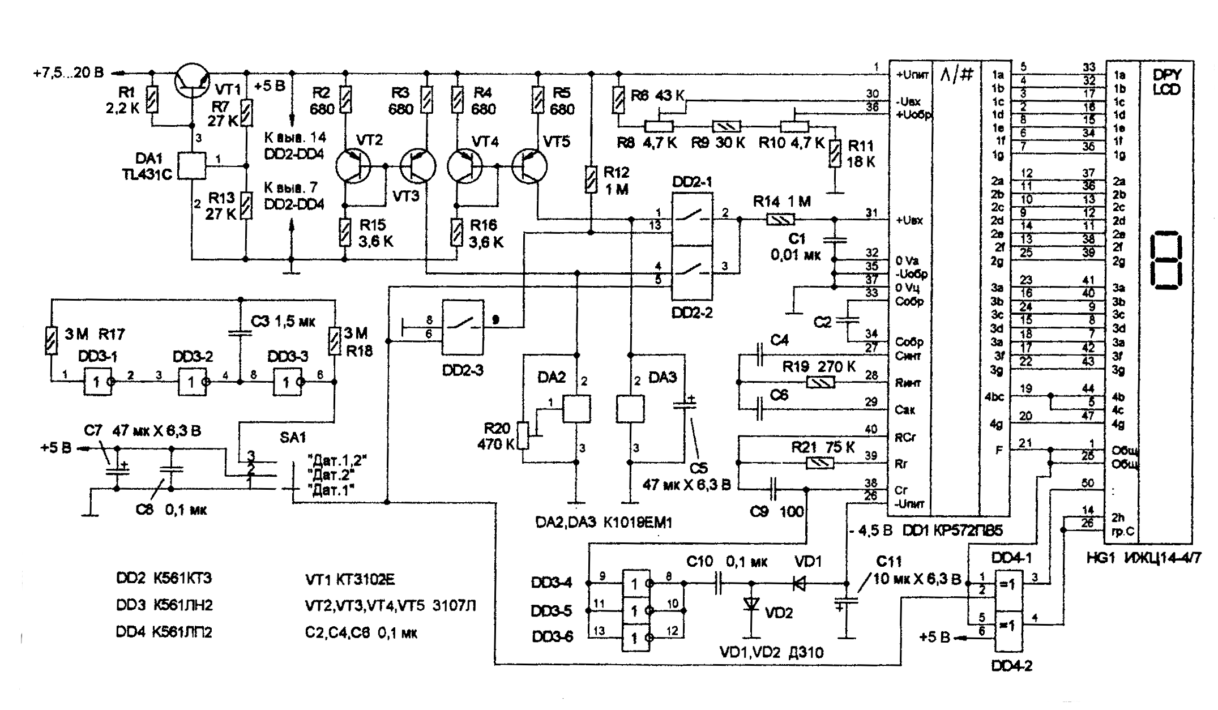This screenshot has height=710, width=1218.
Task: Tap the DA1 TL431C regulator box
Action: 191,166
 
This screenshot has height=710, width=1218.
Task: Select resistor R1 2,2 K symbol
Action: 152,100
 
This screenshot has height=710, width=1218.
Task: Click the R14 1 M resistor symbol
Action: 780,219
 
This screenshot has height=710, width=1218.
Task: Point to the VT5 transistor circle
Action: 529,166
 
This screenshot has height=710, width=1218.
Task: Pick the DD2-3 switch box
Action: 463,327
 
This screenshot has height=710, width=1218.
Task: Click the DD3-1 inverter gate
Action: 97,382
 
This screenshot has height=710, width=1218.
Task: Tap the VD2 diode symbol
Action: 752,605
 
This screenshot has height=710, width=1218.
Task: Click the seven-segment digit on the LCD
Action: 1167,259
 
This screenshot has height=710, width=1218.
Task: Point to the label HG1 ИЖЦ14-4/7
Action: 1143,558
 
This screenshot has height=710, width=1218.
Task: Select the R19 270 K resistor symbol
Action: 820,383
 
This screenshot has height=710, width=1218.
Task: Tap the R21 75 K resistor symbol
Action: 820,464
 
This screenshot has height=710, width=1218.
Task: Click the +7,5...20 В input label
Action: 69,73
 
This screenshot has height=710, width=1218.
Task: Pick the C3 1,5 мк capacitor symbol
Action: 240,333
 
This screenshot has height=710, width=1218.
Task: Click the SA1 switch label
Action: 293,437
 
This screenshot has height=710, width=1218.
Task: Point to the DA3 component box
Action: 630,409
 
